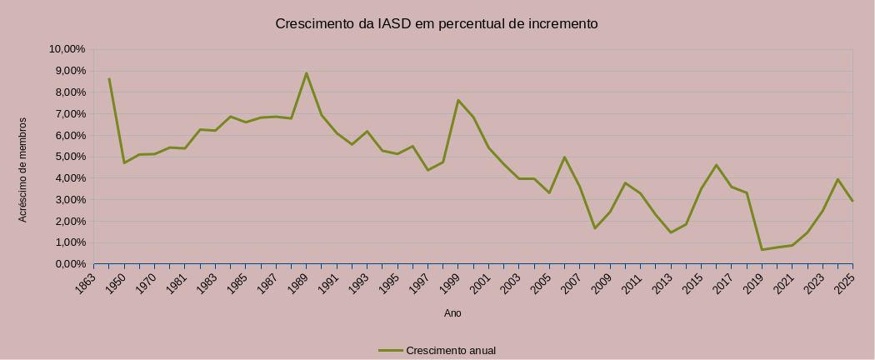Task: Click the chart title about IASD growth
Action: (x=437, y=23)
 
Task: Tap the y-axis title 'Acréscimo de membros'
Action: (x=23, y=169)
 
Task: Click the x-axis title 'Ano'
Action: (x=452, y=314)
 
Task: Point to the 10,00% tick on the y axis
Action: (x=68, y=49)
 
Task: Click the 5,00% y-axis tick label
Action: (x=68, y=157)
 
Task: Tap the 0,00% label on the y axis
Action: (x=68, y=264)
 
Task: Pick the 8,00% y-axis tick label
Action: (x=68, y=92)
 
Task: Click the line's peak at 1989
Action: (x=307, y=73)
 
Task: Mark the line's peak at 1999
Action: (x=458, y=100)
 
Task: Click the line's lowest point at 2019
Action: (x=762, y=250)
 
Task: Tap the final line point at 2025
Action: (x=852, y=201)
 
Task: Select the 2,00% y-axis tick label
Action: (x=68, y=221)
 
